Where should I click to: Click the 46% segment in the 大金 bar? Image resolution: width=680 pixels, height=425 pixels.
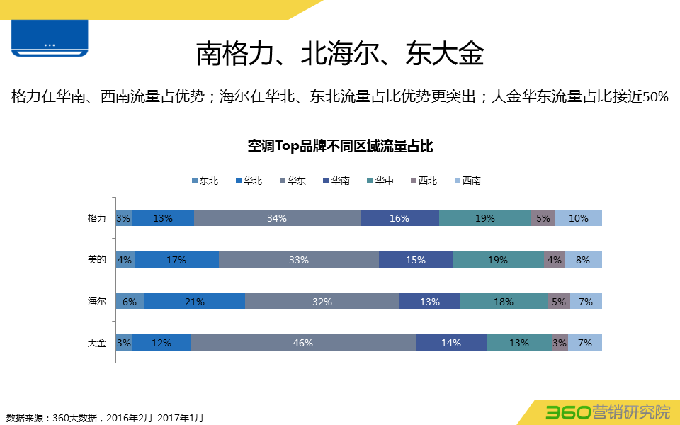click(303, 343)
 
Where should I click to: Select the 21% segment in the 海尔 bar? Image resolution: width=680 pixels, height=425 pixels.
click(195, 302)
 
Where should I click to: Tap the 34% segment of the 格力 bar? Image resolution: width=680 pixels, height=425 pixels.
click(277, 218)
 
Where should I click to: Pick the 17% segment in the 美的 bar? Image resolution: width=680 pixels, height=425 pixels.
click(176, 260)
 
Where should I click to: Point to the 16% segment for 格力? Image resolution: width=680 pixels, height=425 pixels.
click(399, 218)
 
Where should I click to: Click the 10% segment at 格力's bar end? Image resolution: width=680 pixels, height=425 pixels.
click(579, 218)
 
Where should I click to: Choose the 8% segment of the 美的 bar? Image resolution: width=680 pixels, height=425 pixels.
click(584, 260)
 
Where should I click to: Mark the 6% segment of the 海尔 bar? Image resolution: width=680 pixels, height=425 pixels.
click(130, 302)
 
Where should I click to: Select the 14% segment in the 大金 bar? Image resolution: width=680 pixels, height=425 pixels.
click(451, 343)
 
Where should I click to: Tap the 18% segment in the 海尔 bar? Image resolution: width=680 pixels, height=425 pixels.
click(504, 302)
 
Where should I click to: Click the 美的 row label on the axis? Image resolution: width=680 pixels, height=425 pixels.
click(96, 260)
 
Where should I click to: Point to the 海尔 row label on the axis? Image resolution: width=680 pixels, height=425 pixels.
click(96, 302)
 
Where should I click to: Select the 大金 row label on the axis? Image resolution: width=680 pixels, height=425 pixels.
click(96, 343)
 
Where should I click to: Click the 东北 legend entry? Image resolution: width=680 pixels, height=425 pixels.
click(205, 181)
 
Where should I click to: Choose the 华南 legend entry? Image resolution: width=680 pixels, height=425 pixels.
click(335, 181)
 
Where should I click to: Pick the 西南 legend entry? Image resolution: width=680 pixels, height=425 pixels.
click(467, 181)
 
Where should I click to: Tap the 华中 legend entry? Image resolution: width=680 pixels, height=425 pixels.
click(380, 181)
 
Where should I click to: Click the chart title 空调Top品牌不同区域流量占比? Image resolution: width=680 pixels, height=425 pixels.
click(340, 147)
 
